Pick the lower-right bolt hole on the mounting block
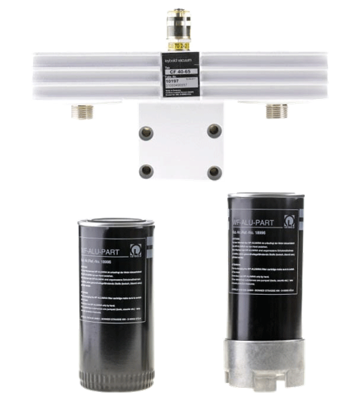click(214, 173)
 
